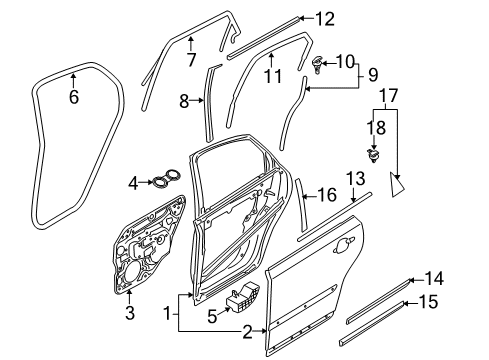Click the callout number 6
coord(72,97)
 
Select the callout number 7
coord(191,60)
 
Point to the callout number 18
coord(374,128)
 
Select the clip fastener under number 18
coord(375,155)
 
